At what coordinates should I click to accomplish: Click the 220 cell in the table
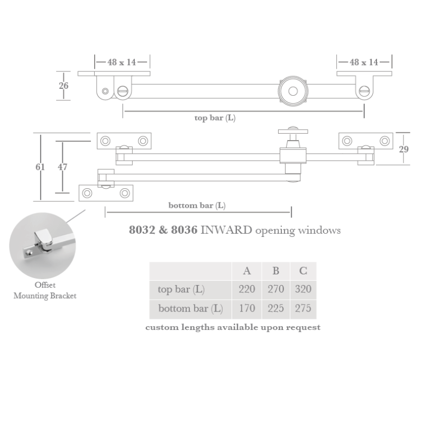pos(247,289)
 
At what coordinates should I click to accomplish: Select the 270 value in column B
pos(275,289)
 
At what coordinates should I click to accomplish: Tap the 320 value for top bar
pos(303,289)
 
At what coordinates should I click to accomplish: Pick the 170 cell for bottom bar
pos(247,308)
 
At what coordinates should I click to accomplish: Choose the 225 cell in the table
pos(275,308)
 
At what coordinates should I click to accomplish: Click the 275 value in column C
pos(303,308)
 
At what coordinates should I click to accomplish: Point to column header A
pos(247,271)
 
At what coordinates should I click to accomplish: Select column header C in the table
pos(303,271)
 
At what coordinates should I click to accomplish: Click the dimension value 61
pos(40,167)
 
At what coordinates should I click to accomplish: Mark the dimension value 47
pos(62,167)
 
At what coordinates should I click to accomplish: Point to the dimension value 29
pos(403,149)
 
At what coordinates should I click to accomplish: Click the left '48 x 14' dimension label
pos(122,62)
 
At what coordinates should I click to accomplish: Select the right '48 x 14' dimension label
pos(364,62)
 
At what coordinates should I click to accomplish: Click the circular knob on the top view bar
pos(292,91)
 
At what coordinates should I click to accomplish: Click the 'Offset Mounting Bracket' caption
pos(45,291)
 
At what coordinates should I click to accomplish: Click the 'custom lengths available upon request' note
pos(233,327)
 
